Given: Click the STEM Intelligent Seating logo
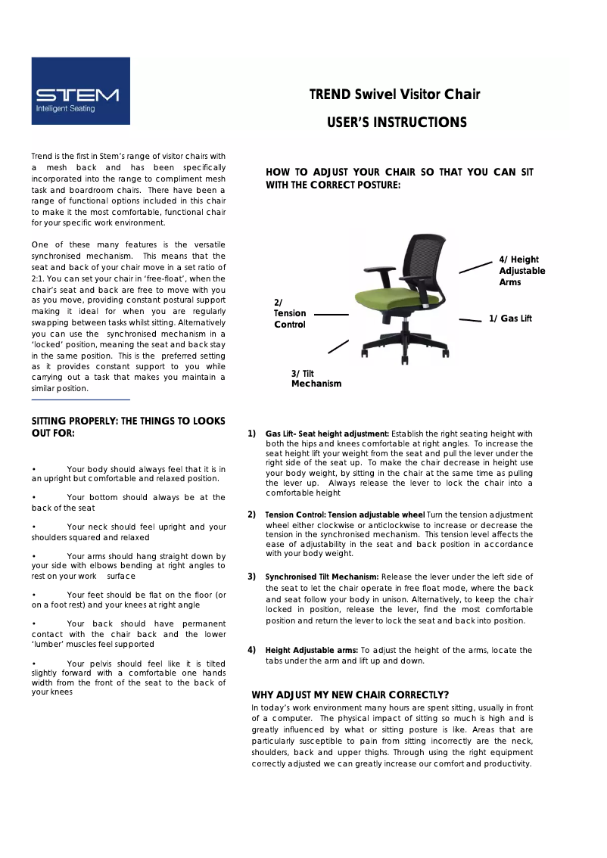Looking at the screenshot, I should [x=80, y=91].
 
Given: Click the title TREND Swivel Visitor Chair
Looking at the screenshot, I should [x=394, y=95].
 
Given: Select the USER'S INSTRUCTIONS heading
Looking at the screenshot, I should [x=397, y=123].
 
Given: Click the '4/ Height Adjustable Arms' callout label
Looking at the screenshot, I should [x=521, y=271].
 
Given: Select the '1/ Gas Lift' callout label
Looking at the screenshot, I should [x=510, y=319].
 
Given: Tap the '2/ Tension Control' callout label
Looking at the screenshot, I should [x=289, y=314].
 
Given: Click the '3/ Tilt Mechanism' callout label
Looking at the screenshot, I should [x=316, y=378].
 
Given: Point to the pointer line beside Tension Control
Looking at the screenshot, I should [x=331, y=314].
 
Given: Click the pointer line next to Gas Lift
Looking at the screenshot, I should [x=470, y=321].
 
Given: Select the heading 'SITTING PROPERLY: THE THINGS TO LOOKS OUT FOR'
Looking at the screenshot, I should [x=128, y=427].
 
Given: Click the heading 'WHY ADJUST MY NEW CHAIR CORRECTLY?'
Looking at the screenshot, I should [x=350, y=695].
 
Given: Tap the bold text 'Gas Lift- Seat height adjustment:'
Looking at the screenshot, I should [x=327, y=434].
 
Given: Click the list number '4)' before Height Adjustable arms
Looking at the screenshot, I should [x=251, y=650].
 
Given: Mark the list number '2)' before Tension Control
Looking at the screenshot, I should [x=251, y=514].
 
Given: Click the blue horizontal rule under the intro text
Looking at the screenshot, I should [x=80, y=399].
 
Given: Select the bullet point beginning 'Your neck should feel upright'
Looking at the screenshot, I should [x=129, y=532].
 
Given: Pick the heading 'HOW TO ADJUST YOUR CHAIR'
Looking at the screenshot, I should [x=400, y=178].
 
